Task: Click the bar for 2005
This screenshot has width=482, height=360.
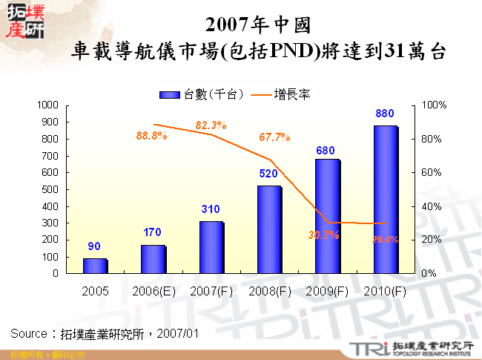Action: click(95, 266)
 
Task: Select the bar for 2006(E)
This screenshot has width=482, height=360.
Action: click(153, 259)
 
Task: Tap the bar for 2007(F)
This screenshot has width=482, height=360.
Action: click(211, 247)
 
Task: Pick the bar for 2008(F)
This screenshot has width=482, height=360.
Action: click(268, 229)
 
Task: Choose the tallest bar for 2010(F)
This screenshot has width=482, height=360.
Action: click(385, 199)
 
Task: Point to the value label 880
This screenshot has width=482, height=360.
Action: click(385, 114)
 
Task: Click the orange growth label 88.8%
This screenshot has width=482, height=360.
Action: click(151, 136)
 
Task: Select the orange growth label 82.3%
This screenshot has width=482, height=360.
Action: click(211, 124)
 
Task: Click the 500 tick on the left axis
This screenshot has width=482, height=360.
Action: click(50, 189)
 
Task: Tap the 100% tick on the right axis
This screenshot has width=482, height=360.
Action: click(433, 105)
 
